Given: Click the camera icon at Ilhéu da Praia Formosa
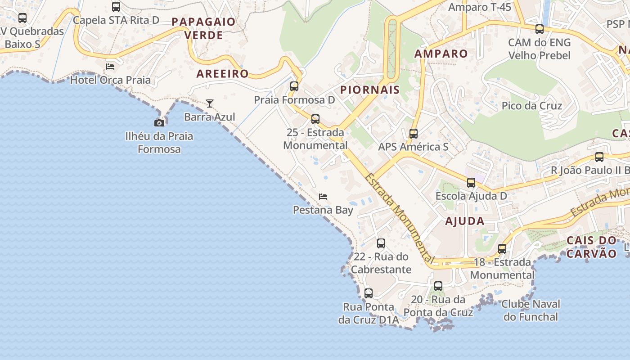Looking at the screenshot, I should (159, 123).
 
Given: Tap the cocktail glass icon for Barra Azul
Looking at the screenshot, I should (210, 103).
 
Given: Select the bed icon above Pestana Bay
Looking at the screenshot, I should (323, 197).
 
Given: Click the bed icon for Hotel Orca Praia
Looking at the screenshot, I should (110, 67).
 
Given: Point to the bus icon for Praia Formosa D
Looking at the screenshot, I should (294, 86).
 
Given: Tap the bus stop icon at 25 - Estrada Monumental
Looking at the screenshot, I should (315, 119).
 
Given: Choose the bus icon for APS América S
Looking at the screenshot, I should (413, 134).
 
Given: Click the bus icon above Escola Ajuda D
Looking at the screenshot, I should (471, 183).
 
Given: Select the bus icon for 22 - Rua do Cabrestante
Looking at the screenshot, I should (381, 243).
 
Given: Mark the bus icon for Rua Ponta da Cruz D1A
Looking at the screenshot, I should (369, 293).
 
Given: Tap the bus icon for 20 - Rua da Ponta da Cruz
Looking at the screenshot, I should (438, 286).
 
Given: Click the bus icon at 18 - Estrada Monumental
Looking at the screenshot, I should (502, 249).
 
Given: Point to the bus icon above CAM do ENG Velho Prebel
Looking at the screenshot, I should (539, 29).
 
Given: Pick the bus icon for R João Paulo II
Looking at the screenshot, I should (599, 157).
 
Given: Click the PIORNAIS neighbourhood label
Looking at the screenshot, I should (370, 90).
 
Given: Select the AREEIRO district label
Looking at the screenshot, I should (222, 74).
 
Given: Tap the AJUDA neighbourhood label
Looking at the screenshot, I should (465, 221).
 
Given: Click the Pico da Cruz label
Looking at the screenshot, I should (532, 106).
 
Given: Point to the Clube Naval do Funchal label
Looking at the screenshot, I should (531, 310).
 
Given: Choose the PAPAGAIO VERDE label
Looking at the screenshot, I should (204, 28).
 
